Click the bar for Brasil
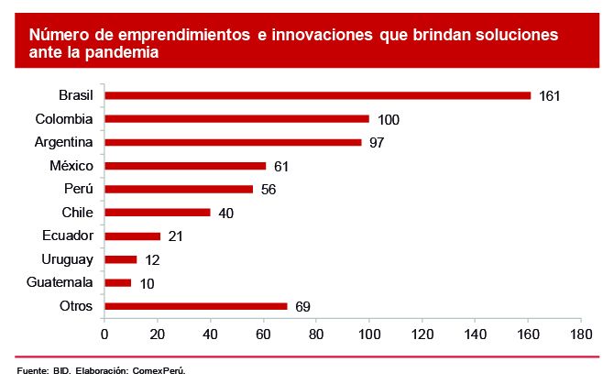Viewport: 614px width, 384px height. [317, 95]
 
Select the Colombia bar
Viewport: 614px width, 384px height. [236, 118]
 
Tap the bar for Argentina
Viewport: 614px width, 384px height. [233, 142]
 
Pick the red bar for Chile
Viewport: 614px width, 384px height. [158, 213]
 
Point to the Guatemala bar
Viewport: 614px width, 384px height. [118, 283]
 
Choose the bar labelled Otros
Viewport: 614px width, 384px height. [196, 306]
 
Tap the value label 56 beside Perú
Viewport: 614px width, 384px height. [268, 190]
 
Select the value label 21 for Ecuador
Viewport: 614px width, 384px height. [175, 236]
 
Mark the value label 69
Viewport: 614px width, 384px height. [302, 306]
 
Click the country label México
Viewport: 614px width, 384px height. [71, 166]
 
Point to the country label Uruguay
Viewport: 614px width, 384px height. [67, 259]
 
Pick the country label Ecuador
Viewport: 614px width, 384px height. [67, 236]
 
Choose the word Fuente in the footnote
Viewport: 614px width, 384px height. [32, 371]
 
